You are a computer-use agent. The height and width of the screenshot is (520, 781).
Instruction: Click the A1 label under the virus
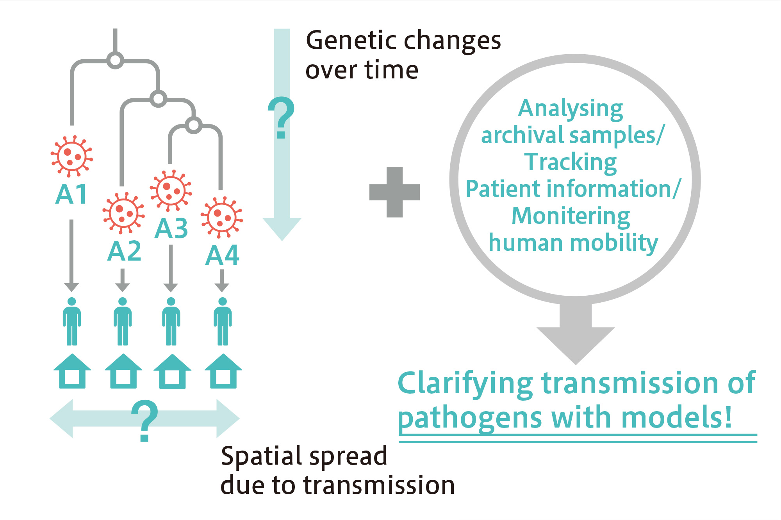[71, 194]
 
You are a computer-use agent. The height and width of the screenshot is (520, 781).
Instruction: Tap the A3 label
[171, 228]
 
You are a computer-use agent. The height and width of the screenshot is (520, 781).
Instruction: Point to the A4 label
[222, 256]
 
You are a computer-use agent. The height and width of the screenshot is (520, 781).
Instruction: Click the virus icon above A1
[71, 156]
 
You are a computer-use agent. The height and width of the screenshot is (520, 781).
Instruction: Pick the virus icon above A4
[221, 217]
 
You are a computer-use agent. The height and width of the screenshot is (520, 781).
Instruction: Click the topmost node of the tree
[115, 60]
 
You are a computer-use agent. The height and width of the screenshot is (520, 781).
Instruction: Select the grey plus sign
[394, 192]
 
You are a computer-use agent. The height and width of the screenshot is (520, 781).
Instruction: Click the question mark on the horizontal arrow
[144, 421]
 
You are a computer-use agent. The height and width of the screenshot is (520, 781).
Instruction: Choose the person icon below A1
[72, 321]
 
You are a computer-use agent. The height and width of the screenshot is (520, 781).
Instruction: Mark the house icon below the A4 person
[223, 371]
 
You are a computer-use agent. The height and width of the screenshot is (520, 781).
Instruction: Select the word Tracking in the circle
[571, 162]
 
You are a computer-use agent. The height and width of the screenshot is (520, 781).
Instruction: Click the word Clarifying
[465, 384]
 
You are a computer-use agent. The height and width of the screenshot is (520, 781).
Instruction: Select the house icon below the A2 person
[123, 371]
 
